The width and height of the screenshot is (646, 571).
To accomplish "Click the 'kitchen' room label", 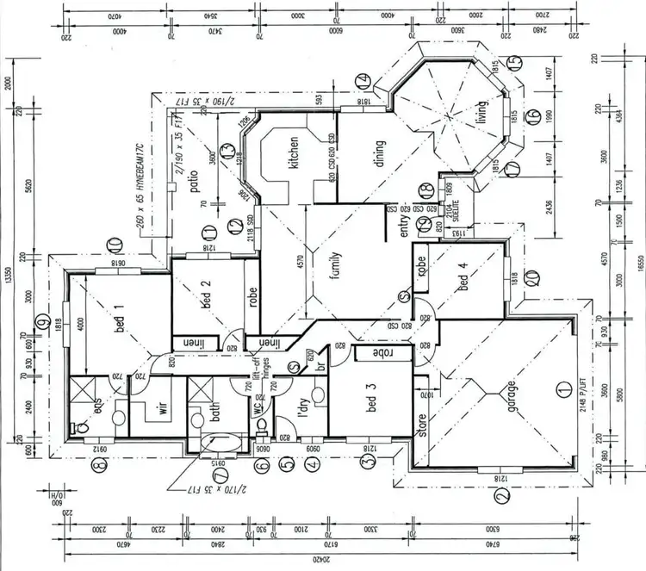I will click(294, 153).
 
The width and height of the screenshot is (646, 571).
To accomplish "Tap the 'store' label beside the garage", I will click(421, 426).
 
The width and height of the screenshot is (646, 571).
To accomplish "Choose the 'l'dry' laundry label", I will click(303, 407).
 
